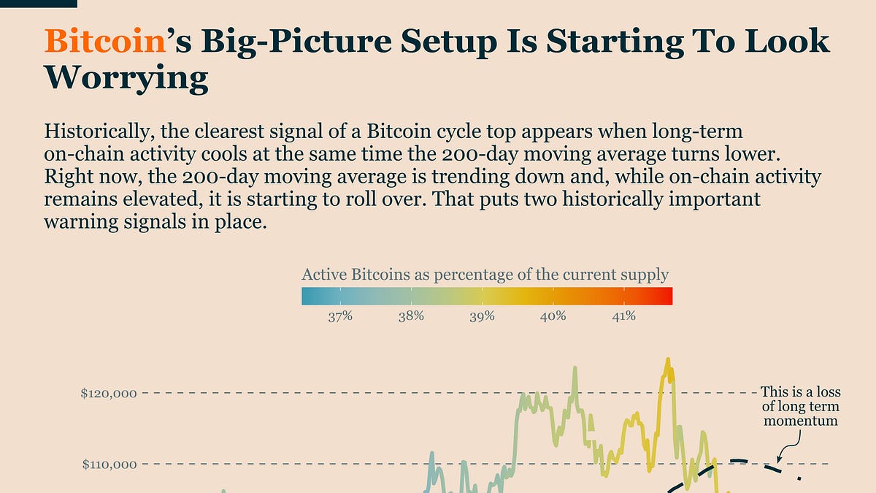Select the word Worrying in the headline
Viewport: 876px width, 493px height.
(126, 77)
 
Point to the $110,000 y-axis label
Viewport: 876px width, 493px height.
(109, 464)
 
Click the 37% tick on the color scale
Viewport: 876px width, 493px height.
(340, 316)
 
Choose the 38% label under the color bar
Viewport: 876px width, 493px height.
(411, 316)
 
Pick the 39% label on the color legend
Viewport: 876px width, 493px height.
(482, 316)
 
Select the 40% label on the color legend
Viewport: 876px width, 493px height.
(553, 316)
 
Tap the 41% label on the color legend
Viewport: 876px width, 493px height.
(623, 316)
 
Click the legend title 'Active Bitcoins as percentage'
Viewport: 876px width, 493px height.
(485, 275)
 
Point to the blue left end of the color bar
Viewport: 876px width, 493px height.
(308, 296)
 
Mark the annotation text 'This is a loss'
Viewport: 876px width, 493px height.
(800, 392)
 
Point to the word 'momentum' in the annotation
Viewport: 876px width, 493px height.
(800, 421)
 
